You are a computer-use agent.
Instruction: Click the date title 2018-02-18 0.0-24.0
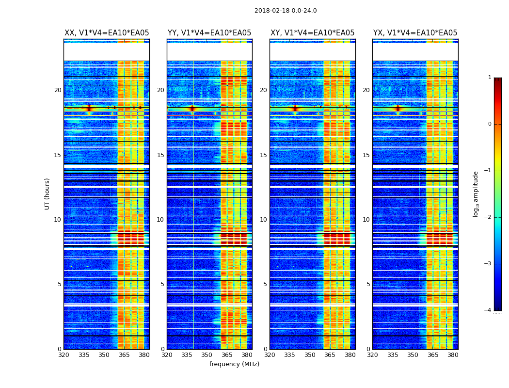click(286, 11)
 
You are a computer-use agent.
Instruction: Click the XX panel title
click(107, 33)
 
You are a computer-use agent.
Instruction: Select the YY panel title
click(209, 33)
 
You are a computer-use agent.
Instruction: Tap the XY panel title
click(312, 33)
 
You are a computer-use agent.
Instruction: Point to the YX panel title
click(415, 33)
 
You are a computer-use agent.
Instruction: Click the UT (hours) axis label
click(48, 194)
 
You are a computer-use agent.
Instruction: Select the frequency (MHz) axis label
click(234, 364)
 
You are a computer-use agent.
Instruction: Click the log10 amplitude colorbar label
click(476, 194)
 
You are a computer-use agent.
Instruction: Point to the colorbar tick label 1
click(490, 78)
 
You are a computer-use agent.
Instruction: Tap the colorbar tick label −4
click(488, 310)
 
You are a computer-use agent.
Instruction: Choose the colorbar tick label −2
click(488, 217)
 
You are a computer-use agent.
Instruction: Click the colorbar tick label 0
click(490, 124)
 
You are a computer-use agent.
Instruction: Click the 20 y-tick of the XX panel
click(58, 90)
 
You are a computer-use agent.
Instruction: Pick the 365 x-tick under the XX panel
click(124, 355)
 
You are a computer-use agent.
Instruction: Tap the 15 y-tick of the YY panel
click(160, 155)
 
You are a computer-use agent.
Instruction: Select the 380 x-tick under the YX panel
click(453, 355)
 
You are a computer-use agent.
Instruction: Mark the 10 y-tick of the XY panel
click(263, 220)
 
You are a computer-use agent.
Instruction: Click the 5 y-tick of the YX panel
click(368, 284)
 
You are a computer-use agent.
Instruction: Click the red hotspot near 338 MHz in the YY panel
click(192, 109)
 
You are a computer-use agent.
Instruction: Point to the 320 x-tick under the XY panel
click(270, 355)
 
